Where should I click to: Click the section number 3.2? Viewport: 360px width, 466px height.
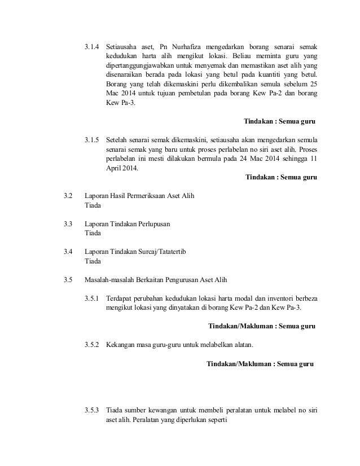pyautogui.click(x=69, y=196)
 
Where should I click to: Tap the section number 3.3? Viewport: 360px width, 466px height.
pyautogui.click(x=69, y=224)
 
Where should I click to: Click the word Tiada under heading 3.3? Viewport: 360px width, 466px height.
pyautogui.click(x=93, y=234)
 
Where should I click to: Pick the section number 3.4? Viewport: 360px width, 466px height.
pyautogui.click(x=69, y=252)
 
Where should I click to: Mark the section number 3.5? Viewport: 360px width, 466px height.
pyautogui.click(x=69, y=279)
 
